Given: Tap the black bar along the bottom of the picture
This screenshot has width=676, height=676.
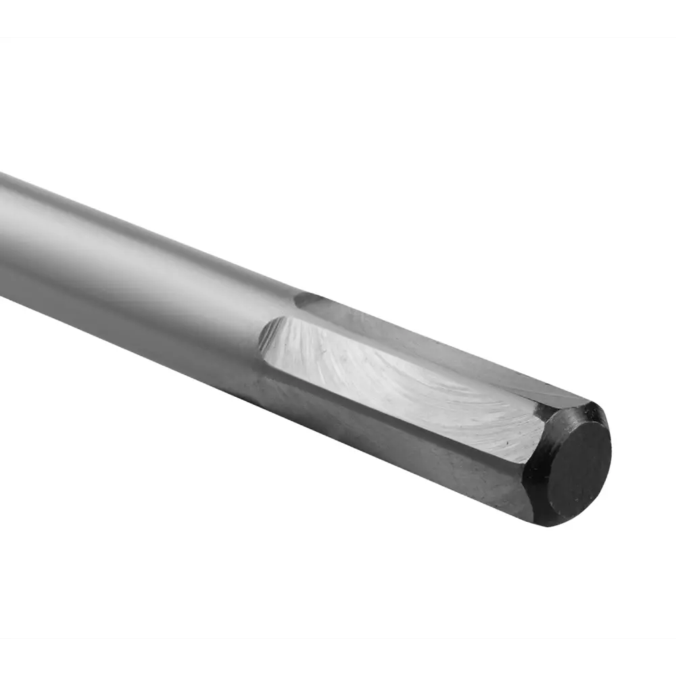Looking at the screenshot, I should click(x=338, y=657).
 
